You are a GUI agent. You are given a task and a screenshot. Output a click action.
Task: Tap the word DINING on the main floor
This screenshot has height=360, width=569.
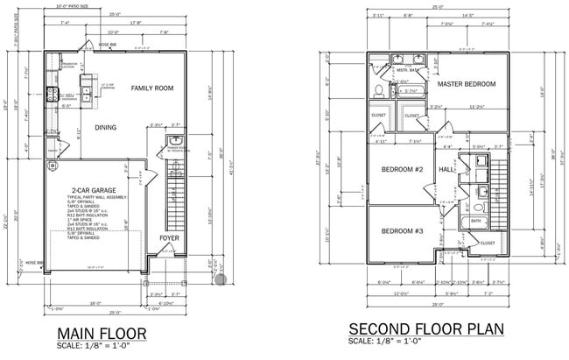[x=106, y=128]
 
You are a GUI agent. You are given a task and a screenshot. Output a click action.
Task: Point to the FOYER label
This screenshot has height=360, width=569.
[x=170, y=238]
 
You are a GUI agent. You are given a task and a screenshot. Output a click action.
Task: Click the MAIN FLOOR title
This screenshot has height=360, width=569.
[x=102, y=334]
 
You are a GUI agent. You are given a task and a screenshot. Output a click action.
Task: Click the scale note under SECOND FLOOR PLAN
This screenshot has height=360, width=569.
[x=385, y=342]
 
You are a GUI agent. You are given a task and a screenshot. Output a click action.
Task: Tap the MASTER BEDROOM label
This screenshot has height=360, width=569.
[x=467, y=84]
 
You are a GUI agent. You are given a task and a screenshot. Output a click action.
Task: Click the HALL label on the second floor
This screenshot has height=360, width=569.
[x=446, y=169]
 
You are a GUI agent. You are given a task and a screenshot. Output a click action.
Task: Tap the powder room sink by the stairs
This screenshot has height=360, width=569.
[x=176, y=141]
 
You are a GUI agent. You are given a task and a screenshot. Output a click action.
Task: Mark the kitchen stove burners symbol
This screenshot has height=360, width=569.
[x=53, y=96]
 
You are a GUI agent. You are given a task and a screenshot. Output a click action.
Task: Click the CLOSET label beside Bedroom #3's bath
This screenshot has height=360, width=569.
[x=488, y=243]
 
